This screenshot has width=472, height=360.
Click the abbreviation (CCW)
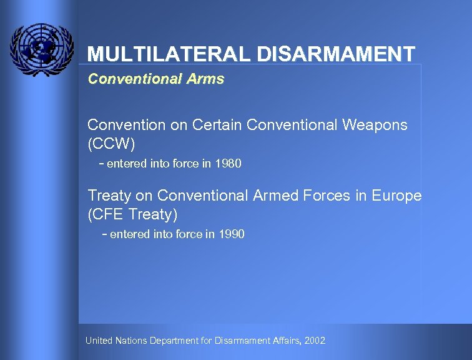tap(111, 144)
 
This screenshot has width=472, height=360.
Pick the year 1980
tap(228, 164)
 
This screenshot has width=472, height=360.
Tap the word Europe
tap(396, 196)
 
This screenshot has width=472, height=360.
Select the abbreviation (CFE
tap(106, 214)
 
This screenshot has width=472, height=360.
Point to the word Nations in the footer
tap(132, 341)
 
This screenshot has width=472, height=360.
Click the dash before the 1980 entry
tap(102, 164)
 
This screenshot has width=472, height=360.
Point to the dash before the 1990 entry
tap(104, 234)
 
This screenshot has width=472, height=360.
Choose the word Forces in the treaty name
tap(328, 196)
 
